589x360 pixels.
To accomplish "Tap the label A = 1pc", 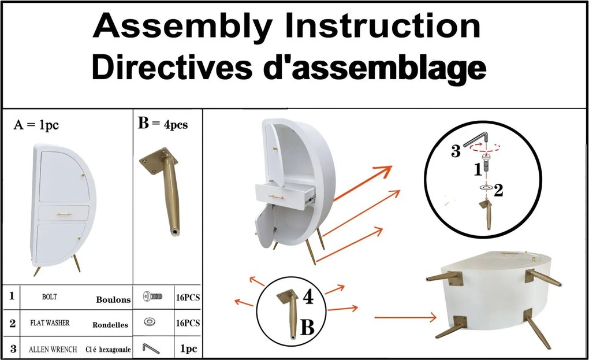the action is tap(36, 125).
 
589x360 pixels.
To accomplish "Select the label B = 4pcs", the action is tap(163, 123).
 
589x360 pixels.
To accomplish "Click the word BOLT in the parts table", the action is tap(50, 297).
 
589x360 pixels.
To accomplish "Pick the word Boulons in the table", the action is tap(113, 299).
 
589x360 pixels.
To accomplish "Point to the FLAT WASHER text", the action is tap(50, 322).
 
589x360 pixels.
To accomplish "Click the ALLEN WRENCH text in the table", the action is tap(53, 349).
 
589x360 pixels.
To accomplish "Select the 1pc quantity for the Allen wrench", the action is tap(189, 348).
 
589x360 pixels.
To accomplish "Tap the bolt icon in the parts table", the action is tap(153, 296).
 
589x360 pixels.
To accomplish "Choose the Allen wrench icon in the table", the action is tap(151, 348).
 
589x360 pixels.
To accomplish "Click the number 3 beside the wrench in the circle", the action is tap(456, 151).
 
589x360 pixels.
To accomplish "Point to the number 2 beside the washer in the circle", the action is tap(498, 191).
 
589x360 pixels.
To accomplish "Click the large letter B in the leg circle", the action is tap(307, 327).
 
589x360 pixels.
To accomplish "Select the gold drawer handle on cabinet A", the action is tap(64, 214).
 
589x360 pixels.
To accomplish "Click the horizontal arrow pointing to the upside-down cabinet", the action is tap(406, 318).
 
